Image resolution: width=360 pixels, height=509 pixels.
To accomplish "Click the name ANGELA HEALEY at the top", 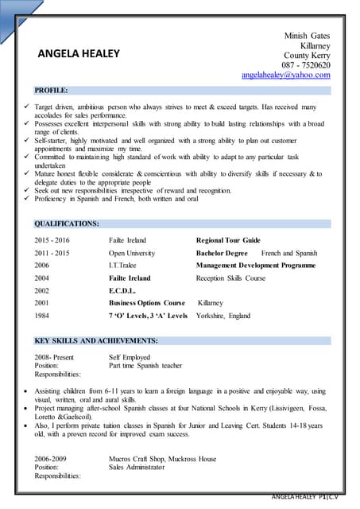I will pos(79,54).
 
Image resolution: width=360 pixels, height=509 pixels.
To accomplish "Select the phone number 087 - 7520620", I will pos(306,65).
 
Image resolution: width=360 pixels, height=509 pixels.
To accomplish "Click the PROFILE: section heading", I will pos(51,91).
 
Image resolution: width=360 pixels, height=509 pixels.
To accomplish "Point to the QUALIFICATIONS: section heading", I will pos(67,224).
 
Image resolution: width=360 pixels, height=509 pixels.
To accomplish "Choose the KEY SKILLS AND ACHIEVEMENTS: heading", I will pos(95,340).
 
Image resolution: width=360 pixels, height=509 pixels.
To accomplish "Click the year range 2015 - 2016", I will pos(52,239).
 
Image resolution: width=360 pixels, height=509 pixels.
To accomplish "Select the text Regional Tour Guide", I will pos(228,239).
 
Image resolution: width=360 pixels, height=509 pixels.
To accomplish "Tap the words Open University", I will pos(132,252).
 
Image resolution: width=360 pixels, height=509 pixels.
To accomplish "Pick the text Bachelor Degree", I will pos(222,252).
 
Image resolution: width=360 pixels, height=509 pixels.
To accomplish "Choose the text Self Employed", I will pos(130,357).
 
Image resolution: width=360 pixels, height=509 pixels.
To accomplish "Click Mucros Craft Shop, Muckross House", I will pos(162,459).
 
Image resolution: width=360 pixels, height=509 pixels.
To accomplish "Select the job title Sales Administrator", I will pos(137,468).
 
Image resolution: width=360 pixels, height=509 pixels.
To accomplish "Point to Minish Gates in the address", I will pos(307,36).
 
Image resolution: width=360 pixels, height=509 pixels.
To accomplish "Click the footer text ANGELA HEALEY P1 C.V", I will pos(311,496).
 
